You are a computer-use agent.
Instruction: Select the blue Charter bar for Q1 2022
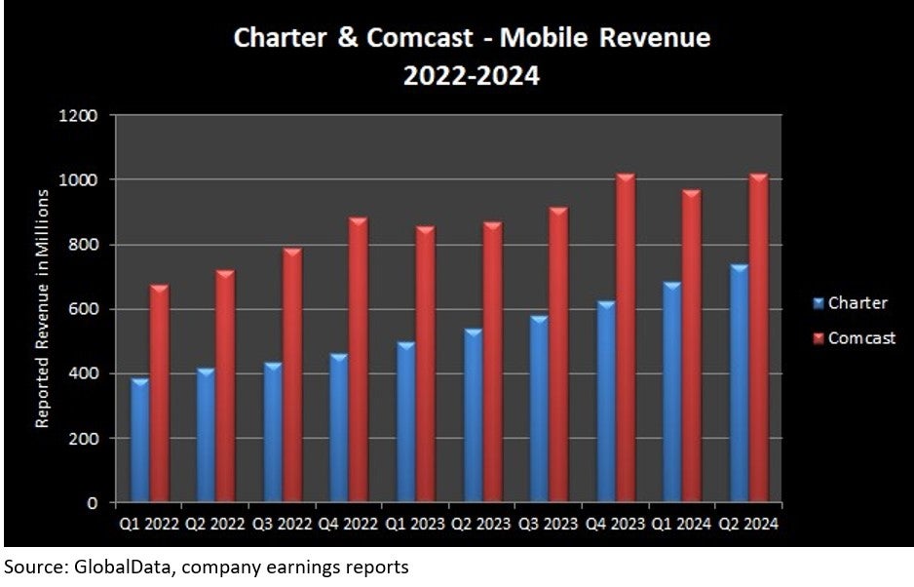(x=140, y=440)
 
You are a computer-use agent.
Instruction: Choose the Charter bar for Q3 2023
(x=538, y=409)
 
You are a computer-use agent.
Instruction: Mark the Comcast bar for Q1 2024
(x=691, y=345)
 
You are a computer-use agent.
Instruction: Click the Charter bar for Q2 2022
(x=207, y=435)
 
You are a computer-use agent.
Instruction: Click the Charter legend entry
(x=857, y=303)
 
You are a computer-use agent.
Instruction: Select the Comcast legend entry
(x=860, y=338)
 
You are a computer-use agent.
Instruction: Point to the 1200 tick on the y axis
(x=81, y=116)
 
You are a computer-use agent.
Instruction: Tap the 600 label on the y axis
(x=86, y=310)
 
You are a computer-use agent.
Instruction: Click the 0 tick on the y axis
(x=93, y=503)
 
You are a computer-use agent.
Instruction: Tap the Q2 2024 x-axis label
(x=747, y=524)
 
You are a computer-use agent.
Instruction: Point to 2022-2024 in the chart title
(x=472, y=75)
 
